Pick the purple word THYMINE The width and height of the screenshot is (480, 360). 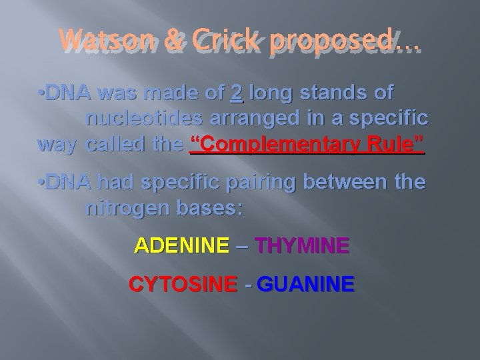(x=301, y=247)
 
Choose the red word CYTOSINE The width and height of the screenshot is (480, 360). (x=182, y=285)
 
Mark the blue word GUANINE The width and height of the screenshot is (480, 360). (x=305, y=285)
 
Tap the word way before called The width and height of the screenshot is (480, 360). (x=57, y=145)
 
